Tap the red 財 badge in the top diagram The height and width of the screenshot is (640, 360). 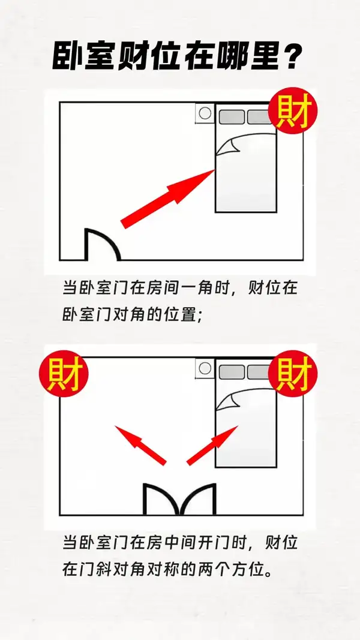click(293, 110)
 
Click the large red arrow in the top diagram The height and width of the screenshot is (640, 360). click(167, 199)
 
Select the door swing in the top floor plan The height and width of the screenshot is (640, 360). click(103, 244)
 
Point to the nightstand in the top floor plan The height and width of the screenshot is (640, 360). click(205, 113)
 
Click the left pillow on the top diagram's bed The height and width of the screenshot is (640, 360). click(232, 117)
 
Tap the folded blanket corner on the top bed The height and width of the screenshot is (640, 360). click(228, 146)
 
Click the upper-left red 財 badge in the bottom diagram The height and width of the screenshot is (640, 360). click(64, 373)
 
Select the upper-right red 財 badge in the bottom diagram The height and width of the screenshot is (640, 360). click(293, 373)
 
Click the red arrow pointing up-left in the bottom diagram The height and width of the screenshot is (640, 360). click(140, 445)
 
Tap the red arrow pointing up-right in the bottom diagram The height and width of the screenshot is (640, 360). click(212, 445)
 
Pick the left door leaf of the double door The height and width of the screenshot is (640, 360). click(161, 499)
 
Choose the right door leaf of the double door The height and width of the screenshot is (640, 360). click(198, 499)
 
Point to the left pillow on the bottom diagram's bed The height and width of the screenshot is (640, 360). click(232, 372)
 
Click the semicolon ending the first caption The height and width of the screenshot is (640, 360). click(200, 317)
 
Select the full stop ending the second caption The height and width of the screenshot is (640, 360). click(268, 572)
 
